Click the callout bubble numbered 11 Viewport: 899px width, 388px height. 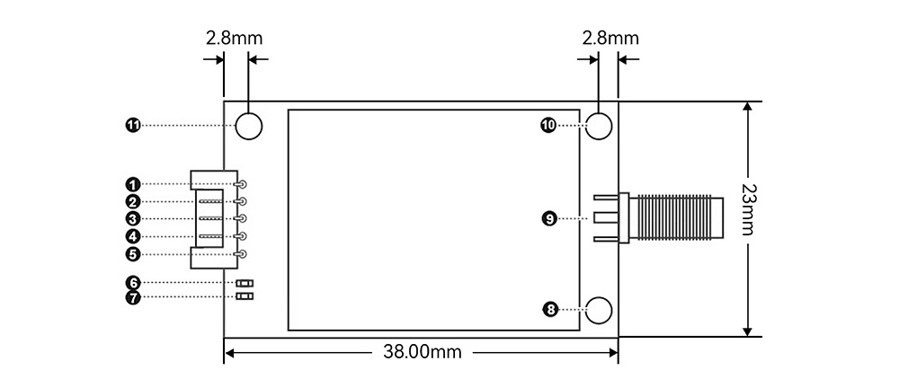point(133,125)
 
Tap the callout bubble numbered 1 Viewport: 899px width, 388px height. point(133,184)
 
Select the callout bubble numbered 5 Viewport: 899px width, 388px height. point(133,254)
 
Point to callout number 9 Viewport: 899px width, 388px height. point(549,218)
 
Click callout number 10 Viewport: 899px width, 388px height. point(548,125)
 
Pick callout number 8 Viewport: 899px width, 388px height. point(550,310)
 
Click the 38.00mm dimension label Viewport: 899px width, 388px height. point(422,351)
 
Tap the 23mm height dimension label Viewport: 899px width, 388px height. point(747,210)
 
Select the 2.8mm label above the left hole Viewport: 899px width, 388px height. point(234,38)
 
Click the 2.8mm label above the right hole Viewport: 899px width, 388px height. point(610,38)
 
